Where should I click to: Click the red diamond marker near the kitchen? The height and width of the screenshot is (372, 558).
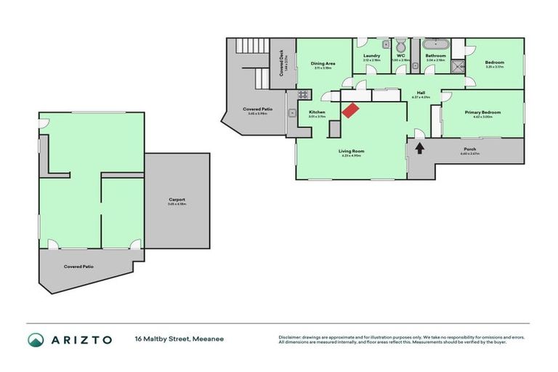[x=350, y=110]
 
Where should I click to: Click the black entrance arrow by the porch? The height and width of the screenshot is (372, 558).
[x=419, y=148]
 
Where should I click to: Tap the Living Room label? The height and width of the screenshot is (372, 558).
[x=351, y=151]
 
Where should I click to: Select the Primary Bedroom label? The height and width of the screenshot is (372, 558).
[x=482, y=113]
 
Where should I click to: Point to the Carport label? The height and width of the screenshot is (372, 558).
[x=177, y=199]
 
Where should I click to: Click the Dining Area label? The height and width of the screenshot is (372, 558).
[x=323, y=64]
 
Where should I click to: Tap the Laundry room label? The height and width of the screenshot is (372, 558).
[x=372, y=55]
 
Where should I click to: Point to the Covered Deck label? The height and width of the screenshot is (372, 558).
[x=282, y=63]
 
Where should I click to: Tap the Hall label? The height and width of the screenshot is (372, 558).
[x=421, y=93]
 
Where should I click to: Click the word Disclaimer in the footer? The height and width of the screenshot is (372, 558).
[x=291, y=337]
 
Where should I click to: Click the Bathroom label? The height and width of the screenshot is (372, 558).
[x=435, y=55]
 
